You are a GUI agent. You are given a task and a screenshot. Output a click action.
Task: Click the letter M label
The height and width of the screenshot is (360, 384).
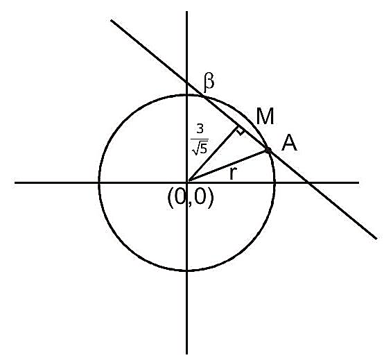pos(265,117)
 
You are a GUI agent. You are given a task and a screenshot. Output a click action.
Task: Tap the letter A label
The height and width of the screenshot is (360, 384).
pos(289,144)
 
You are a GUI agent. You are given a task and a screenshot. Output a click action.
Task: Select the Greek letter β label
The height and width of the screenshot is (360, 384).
pos(209,83)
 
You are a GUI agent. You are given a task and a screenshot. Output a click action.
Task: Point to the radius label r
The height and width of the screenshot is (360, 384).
pos(234,173)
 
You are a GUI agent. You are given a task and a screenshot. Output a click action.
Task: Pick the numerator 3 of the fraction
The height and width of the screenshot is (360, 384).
pos(200,128)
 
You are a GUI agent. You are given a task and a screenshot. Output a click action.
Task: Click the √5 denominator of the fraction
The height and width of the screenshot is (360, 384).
pos(200,147)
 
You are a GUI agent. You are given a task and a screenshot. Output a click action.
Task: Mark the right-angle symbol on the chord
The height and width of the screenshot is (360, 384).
pos(240,130)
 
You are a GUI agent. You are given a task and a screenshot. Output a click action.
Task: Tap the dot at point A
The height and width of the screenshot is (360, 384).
pos(268,150)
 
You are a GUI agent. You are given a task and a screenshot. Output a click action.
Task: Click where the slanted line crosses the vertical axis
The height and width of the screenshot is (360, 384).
pos(187,83)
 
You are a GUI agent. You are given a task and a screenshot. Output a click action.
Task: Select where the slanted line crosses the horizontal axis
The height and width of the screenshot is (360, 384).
pos(308,182)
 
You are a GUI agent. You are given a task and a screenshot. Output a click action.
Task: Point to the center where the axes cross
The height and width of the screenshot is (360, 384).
pos(187,182)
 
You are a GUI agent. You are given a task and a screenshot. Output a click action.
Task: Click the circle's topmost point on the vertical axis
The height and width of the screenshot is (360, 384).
pos(187,95)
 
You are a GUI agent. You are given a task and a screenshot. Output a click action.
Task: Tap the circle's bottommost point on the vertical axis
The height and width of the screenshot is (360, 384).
pos(187,271)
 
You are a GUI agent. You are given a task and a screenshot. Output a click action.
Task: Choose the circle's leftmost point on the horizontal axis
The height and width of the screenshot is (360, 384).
pos(99,182)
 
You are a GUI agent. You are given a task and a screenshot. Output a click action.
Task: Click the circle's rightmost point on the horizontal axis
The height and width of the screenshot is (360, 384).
pos(275,182)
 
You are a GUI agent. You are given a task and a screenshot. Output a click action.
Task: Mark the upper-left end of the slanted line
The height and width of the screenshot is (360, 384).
pos(112,20)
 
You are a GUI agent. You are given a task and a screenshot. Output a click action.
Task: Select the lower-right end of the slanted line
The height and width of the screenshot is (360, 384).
pos(376,238)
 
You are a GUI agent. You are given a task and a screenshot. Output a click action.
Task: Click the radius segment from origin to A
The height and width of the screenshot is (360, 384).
pos(227,166)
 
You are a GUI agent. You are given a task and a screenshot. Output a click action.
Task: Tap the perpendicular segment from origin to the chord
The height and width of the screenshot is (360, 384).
pos(212,154)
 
